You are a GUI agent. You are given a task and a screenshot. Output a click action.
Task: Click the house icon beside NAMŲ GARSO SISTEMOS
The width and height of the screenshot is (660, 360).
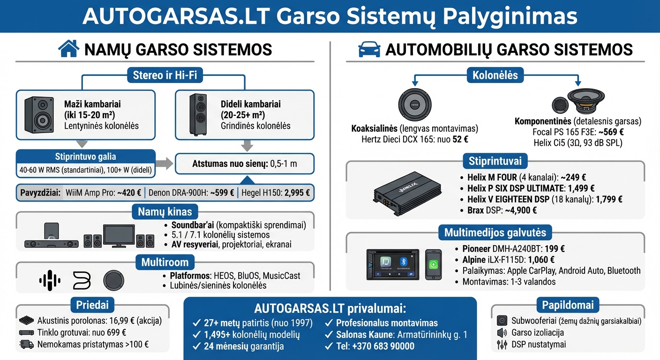tap(68, 48)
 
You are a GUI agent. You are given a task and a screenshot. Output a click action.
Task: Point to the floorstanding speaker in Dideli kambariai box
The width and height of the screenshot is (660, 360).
tap(198, 114)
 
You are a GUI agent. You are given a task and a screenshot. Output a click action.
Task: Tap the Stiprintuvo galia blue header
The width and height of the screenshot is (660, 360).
tap(85, 157)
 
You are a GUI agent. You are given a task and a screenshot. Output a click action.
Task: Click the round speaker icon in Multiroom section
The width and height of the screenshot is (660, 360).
tap(113, 280)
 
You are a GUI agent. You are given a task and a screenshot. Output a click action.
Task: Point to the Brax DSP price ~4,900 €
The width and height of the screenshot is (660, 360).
tap(521, 210)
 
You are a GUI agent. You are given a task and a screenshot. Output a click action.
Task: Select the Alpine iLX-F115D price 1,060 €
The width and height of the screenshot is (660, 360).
tap(541, 260)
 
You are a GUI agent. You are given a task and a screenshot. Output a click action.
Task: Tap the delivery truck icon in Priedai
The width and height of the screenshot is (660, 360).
tap(27, 345)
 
